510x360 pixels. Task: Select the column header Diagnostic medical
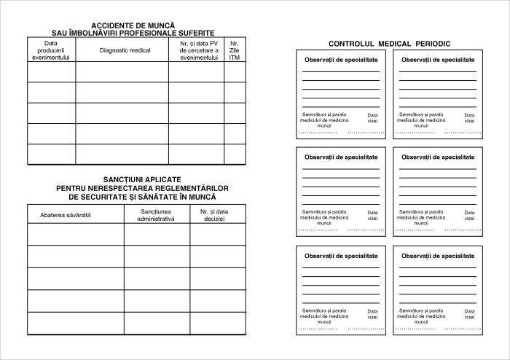(x=125, y=50)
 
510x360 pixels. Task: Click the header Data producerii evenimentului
(x=51, y=50)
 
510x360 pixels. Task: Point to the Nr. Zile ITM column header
(x=234, y=50)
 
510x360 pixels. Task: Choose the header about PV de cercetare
(x=199, y=50)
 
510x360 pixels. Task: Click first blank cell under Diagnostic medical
(x=122, y=71)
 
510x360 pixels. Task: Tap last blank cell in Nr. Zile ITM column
(x=234, y=154)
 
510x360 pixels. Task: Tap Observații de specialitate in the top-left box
(x=341, y=59)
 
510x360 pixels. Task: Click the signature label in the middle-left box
(x=324, y=217)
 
